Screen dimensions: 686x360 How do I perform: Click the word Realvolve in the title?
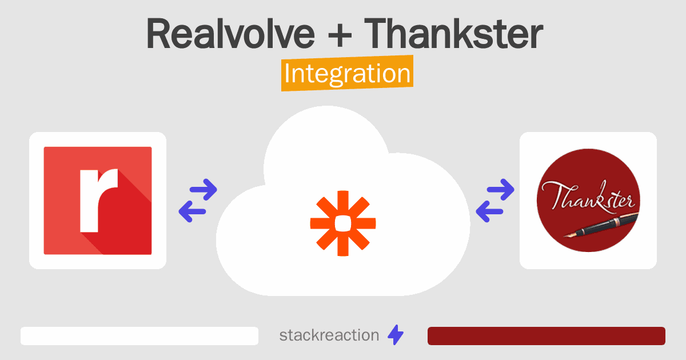coord(230,34)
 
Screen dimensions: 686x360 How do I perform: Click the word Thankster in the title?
coord(453,34)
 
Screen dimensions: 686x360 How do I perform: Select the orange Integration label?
coord(348,73)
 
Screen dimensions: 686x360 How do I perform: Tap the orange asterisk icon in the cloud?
coord(343,223)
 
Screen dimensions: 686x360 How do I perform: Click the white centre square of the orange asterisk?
coord(343,223)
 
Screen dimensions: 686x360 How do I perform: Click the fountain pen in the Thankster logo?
coord(602,226)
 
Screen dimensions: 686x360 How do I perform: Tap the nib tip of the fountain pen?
coord(565,237)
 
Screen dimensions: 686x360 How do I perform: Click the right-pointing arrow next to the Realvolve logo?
coord(204,190)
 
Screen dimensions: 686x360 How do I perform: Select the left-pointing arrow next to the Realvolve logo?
coord(193,211)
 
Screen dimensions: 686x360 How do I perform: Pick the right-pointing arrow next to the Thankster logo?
coord(501,190)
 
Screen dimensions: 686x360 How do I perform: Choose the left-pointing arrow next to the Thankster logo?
coord(490,211)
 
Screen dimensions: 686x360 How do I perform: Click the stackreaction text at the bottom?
coord(329,335)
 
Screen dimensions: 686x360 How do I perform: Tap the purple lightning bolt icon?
coord(396,335)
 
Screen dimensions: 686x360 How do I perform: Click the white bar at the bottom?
coord(139,336)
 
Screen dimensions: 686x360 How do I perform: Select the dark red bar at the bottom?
coord(547,336)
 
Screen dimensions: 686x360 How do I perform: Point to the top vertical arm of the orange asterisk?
coord(343,203)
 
